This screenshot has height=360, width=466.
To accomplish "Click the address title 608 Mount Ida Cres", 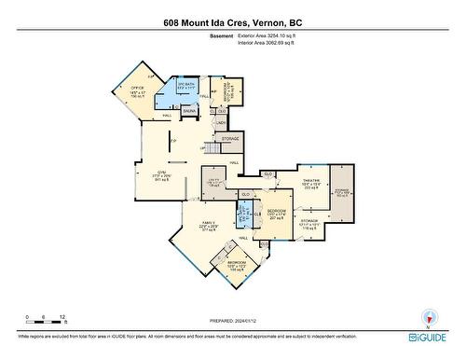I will pyautogui.click(x=232, y=21).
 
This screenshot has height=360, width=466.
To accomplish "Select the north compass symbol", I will pyautogui.click(x=429, y=317).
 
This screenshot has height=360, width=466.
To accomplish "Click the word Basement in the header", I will pyautogui.click(x=221, y=35).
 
